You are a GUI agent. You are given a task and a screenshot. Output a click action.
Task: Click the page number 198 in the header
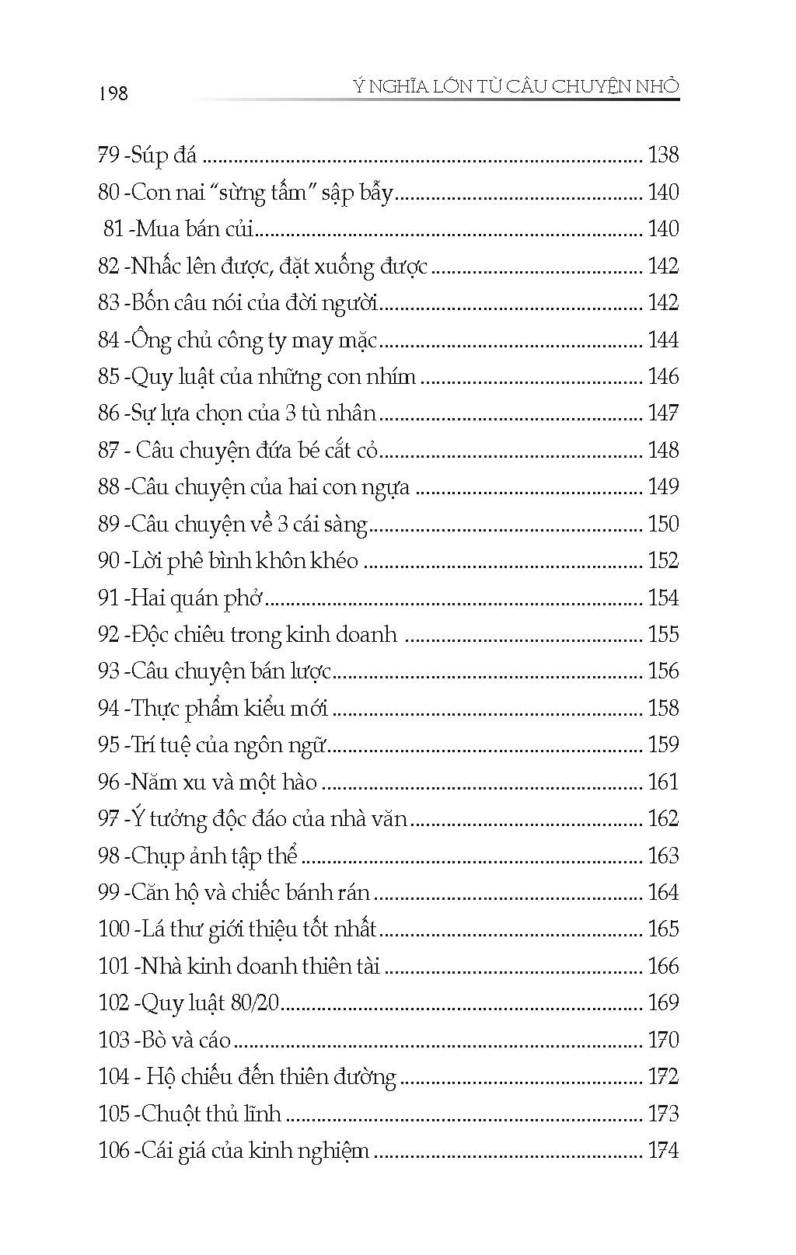[113, 93]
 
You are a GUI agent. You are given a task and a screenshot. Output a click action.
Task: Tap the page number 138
[662, 155]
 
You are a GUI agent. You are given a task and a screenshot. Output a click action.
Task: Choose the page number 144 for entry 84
[662, 340]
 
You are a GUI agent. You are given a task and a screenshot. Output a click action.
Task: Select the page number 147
[662, 413]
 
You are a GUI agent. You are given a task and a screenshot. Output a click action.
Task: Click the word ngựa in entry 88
[389, 488]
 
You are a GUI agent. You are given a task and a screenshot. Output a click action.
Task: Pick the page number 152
[662, 561]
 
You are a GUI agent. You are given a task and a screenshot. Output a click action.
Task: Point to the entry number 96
[108, 782]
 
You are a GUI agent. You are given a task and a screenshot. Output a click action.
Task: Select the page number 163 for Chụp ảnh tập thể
[662, 856]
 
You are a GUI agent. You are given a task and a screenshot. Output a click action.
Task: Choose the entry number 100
[113, 929]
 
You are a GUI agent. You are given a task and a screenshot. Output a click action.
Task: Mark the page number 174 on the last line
[662, 1150]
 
